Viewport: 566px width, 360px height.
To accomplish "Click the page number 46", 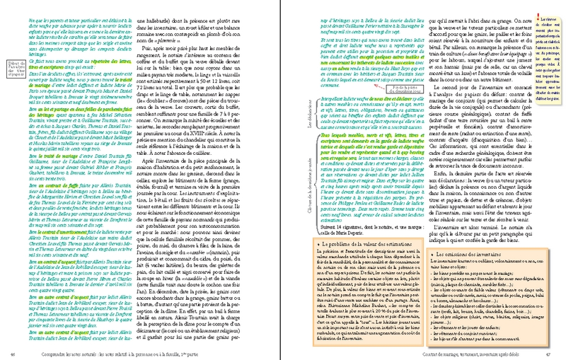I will coord(14,354).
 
